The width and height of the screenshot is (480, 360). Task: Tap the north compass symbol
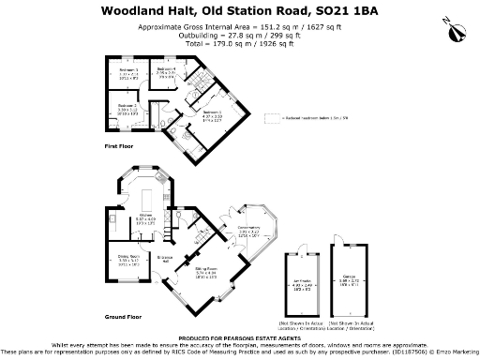(457, 29)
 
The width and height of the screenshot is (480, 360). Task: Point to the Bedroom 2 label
(127, 108)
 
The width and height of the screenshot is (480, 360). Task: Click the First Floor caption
(119, 148)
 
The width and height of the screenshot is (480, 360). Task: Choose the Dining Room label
(127, 262)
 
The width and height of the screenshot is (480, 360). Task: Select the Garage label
(348, 280)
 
